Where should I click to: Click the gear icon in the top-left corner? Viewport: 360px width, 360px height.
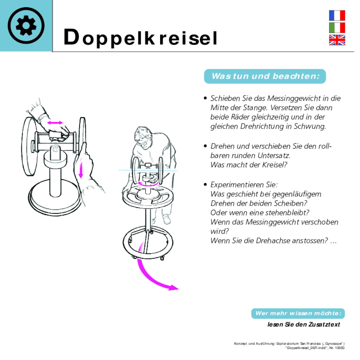(26, 26)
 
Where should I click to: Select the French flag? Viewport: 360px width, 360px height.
(337, 15)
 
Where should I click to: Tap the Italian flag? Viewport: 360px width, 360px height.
(337, 28)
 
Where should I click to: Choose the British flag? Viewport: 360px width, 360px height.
(337, 40)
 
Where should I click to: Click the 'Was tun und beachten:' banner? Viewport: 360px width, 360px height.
(265, 76)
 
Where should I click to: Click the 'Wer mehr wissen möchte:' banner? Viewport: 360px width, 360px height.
(298, 313)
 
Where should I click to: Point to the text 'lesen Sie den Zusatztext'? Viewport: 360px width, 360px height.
(303, 325)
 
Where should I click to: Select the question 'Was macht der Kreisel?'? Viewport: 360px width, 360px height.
(249, 165)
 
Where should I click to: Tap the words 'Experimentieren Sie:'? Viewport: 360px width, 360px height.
(244, 185)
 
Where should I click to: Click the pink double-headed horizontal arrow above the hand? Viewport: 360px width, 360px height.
(55, 123)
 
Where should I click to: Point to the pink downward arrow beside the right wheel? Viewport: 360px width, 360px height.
(81, 170)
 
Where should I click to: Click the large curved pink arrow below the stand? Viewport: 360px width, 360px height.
(154, 279)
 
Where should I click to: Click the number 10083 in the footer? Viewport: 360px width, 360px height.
(340, 348)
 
